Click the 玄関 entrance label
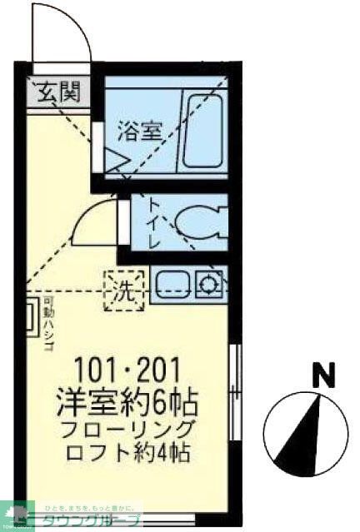pos(57,90)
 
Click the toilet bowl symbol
pos(197,221)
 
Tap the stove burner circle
pos(207,285)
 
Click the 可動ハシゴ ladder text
pos(48,318)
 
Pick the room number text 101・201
pos(128,367)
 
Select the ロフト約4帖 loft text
pos(128,455)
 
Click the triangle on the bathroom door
pos(112,160)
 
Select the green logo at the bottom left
pos(14,514)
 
